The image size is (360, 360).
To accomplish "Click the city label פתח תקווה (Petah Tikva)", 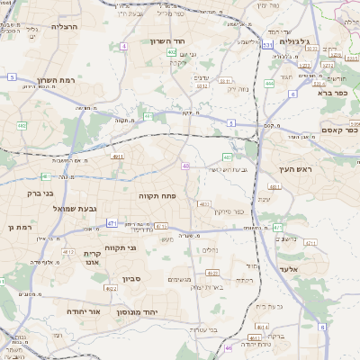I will [x=155, y=195].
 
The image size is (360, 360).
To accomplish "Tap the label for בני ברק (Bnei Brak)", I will [x=39, y=193].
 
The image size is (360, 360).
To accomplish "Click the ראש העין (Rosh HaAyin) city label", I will [x=292, y=169].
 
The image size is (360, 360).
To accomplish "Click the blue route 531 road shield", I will [x=268, y=43].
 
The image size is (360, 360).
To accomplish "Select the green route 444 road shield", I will [x=268, y=83].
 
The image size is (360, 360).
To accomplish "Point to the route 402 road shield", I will [x=171, y=52].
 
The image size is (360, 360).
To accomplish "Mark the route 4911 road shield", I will [x=117, y=156].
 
